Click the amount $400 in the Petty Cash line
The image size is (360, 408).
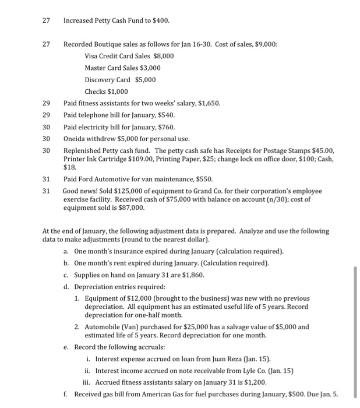pos(160,20)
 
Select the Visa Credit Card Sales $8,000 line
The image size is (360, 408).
pos(129,56)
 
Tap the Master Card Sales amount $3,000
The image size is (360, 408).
pos(150,68)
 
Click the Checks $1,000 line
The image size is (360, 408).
pos(106,92)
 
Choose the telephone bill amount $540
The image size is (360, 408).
pos(165,115)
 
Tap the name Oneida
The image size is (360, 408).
pos(75,139)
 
